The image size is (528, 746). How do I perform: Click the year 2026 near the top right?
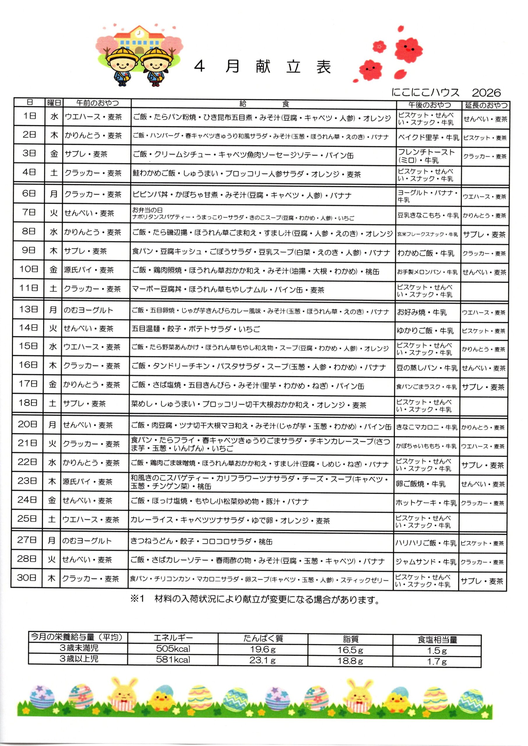tap(486, 93)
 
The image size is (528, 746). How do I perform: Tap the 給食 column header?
tap(263, 104)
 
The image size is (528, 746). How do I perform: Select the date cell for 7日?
tap(29, 213)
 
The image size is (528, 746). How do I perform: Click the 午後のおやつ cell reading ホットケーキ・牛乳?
tap(426, 503)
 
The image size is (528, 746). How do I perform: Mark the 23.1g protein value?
tap(262, 661)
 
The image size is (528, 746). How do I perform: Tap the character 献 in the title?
tap(263, 67)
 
